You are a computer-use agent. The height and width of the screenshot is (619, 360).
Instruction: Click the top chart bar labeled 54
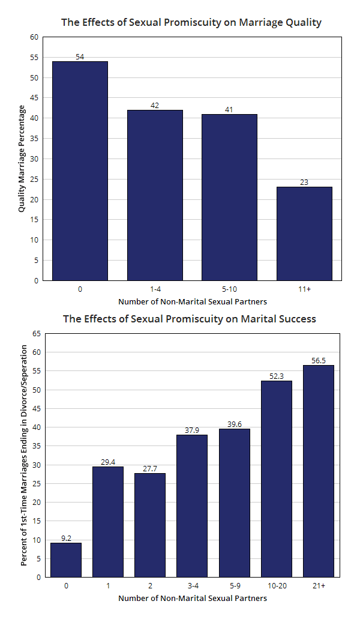point(80,171)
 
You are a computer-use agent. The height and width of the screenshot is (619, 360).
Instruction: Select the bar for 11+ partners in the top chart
point(304,234)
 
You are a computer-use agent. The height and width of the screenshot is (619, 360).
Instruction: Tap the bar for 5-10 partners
point(229,198)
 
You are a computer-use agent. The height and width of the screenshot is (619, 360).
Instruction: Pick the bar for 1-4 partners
point(155,195)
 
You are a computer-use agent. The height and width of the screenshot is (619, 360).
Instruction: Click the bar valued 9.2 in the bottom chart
point(66,560)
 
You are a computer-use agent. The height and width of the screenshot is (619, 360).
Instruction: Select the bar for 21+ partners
point(318,471)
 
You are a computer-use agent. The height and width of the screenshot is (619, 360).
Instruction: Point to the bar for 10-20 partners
point(276,479)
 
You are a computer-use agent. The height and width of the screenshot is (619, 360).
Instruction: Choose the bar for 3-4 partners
point(192,506)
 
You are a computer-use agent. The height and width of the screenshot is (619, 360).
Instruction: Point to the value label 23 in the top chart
point(304,182)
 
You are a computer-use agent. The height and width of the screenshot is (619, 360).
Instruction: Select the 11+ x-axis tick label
point(304,289)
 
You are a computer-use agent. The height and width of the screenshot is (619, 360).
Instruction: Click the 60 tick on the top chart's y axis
point(34,37)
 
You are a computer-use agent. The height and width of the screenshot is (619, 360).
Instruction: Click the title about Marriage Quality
point(191,23)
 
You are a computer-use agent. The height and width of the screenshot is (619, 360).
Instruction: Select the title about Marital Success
point(190,319)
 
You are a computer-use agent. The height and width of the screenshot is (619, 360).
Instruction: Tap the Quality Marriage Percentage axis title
point(22,159)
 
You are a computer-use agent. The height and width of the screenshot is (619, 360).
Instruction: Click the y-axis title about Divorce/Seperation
point(25,455)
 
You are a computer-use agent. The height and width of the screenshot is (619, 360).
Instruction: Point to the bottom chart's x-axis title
point(192,598)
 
